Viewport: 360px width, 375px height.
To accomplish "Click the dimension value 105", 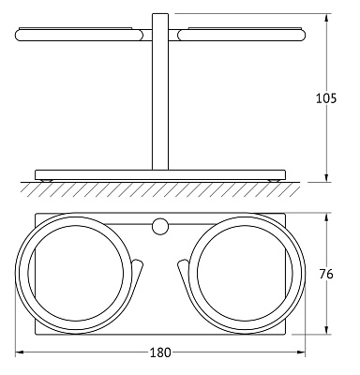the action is [326, 98].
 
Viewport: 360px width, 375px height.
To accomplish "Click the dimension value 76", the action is [326, 274].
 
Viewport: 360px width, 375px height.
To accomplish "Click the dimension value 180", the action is [160, 352].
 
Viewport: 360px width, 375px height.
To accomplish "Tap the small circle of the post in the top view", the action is [160, 227].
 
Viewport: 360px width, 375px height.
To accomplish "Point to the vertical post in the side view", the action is [160, 92].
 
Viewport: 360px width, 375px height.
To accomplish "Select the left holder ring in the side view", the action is [79, 35].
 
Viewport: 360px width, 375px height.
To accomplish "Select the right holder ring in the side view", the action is [241, 35].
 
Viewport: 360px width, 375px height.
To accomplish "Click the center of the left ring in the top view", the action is [75, 274].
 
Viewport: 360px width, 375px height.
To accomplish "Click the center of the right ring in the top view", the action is [246, 274].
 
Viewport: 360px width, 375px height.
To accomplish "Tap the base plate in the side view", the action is [160, 174].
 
